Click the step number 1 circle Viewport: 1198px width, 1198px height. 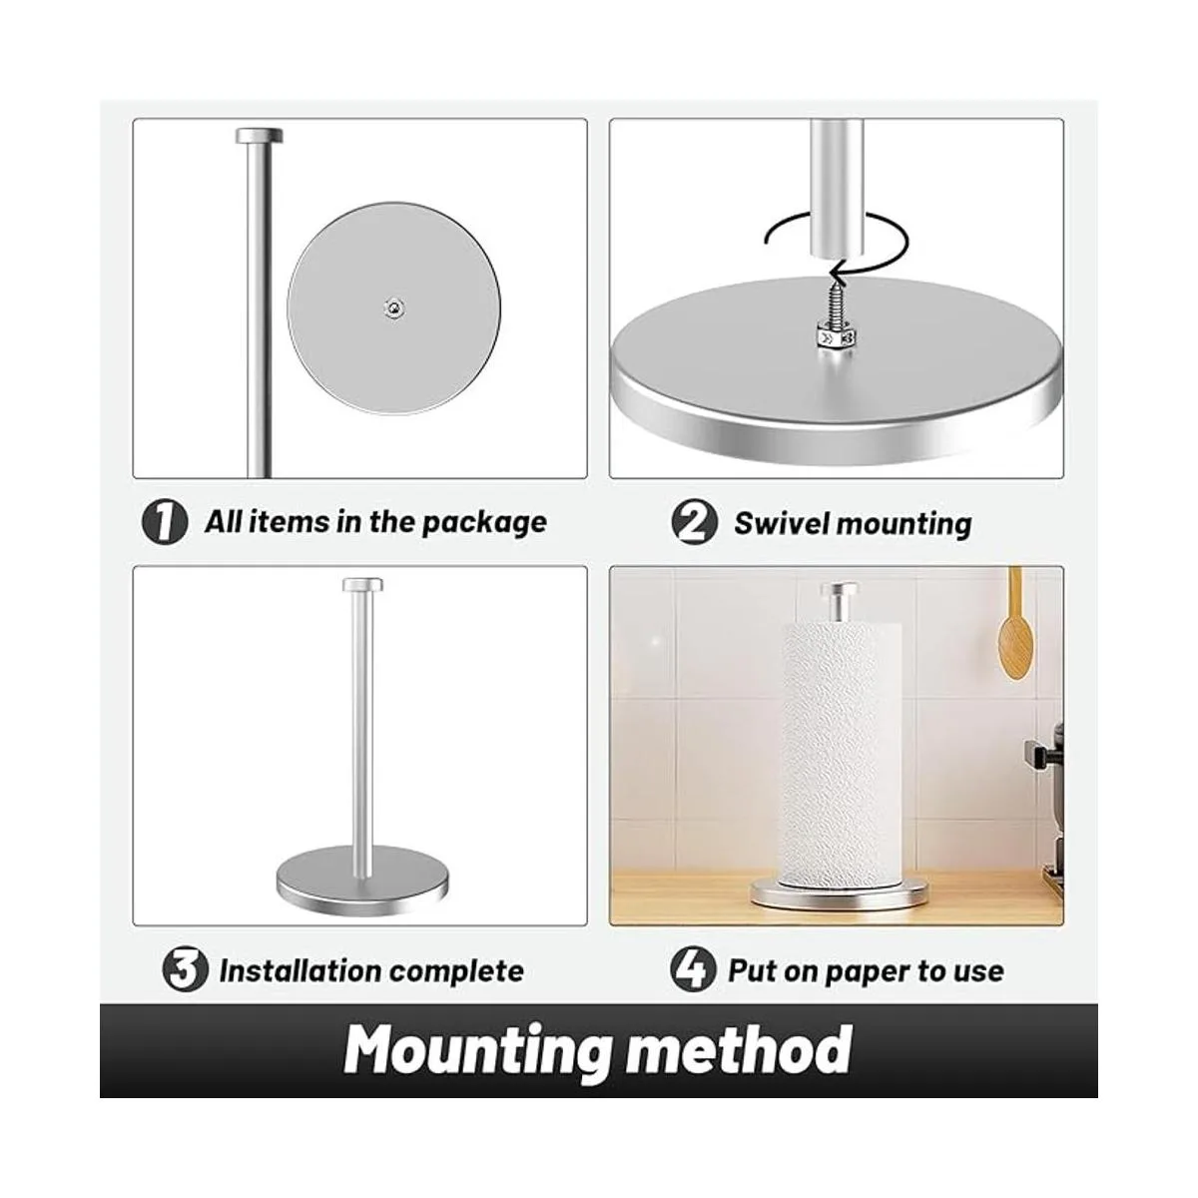click(x=164, y=523)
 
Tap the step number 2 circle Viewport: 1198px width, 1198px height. click(x=695, y=523)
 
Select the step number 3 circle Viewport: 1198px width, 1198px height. click(x=185, y=970)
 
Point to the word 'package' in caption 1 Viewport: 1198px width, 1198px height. click(x=484, y=524)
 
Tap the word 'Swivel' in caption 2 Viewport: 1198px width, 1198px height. click(x=781, y=523)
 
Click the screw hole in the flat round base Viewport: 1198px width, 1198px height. click(x=393, y=306)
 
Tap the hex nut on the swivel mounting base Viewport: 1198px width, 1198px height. click(x=837, y=338)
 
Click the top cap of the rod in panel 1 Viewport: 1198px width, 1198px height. click(x=260, y=135)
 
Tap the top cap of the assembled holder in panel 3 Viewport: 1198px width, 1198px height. click(x=362, y=585)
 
